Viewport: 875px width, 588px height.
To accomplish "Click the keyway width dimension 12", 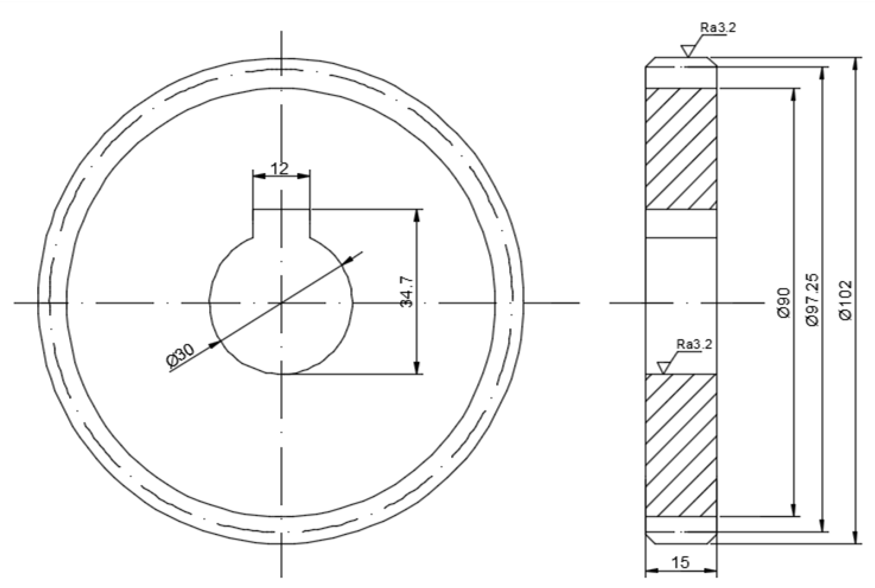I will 280,169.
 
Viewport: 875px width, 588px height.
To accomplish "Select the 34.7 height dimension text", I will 406,292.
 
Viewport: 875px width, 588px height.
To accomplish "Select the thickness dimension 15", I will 680,562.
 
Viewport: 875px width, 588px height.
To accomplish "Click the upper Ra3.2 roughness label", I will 718,27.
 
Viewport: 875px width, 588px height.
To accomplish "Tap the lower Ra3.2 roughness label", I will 694,344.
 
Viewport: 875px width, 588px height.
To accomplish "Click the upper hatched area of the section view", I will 681,148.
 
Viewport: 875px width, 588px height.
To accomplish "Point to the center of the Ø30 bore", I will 281,303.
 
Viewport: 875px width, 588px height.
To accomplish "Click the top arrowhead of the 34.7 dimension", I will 417,216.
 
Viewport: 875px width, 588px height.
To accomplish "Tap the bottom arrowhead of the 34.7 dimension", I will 417,368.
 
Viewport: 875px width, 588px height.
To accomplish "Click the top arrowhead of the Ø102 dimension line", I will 855,64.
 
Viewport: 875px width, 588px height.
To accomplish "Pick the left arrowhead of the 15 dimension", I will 651,571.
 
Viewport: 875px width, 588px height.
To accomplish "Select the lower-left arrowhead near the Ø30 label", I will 214,344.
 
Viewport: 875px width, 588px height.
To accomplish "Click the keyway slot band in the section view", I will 681,224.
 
